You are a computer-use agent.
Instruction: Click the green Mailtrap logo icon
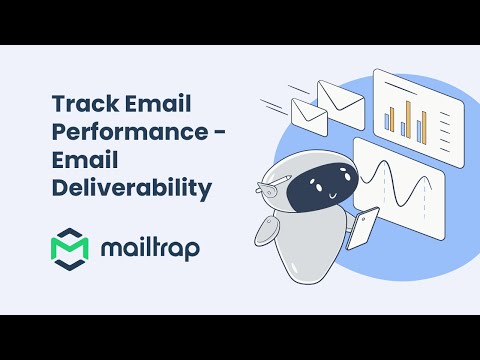point(69,247)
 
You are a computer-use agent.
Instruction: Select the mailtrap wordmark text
point(148,247)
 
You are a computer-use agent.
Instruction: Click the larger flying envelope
point(340,99)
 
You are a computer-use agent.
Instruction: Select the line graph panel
point(397,184)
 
